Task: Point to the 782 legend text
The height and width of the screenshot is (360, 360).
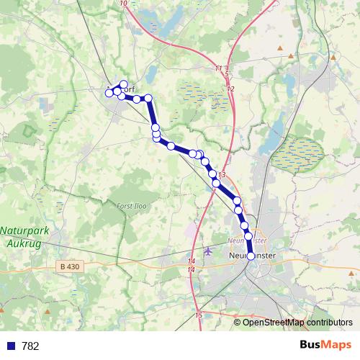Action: pos(30,346)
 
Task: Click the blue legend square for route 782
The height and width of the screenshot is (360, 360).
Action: pos(9,346)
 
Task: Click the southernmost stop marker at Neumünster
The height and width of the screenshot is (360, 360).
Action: pos(251,256)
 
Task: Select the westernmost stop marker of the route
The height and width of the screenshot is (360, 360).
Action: pos(109,93)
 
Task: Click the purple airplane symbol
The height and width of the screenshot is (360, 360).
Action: pos(209,251)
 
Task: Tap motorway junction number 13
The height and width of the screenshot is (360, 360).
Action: pos(222,176)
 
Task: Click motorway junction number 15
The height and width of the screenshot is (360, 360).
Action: pos(198,315)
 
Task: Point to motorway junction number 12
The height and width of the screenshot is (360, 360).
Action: pos(230,89)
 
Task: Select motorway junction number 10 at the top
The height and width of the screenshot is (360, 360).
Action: pos(125,4)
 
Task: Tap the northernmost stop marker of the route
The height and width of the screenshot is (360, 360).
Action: pos(124,84)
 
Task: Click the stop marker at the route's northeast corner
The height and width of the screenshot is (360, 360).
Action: pos(148,98)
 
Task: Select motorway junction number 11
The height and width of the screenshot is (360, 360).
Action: pos(218,68)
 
